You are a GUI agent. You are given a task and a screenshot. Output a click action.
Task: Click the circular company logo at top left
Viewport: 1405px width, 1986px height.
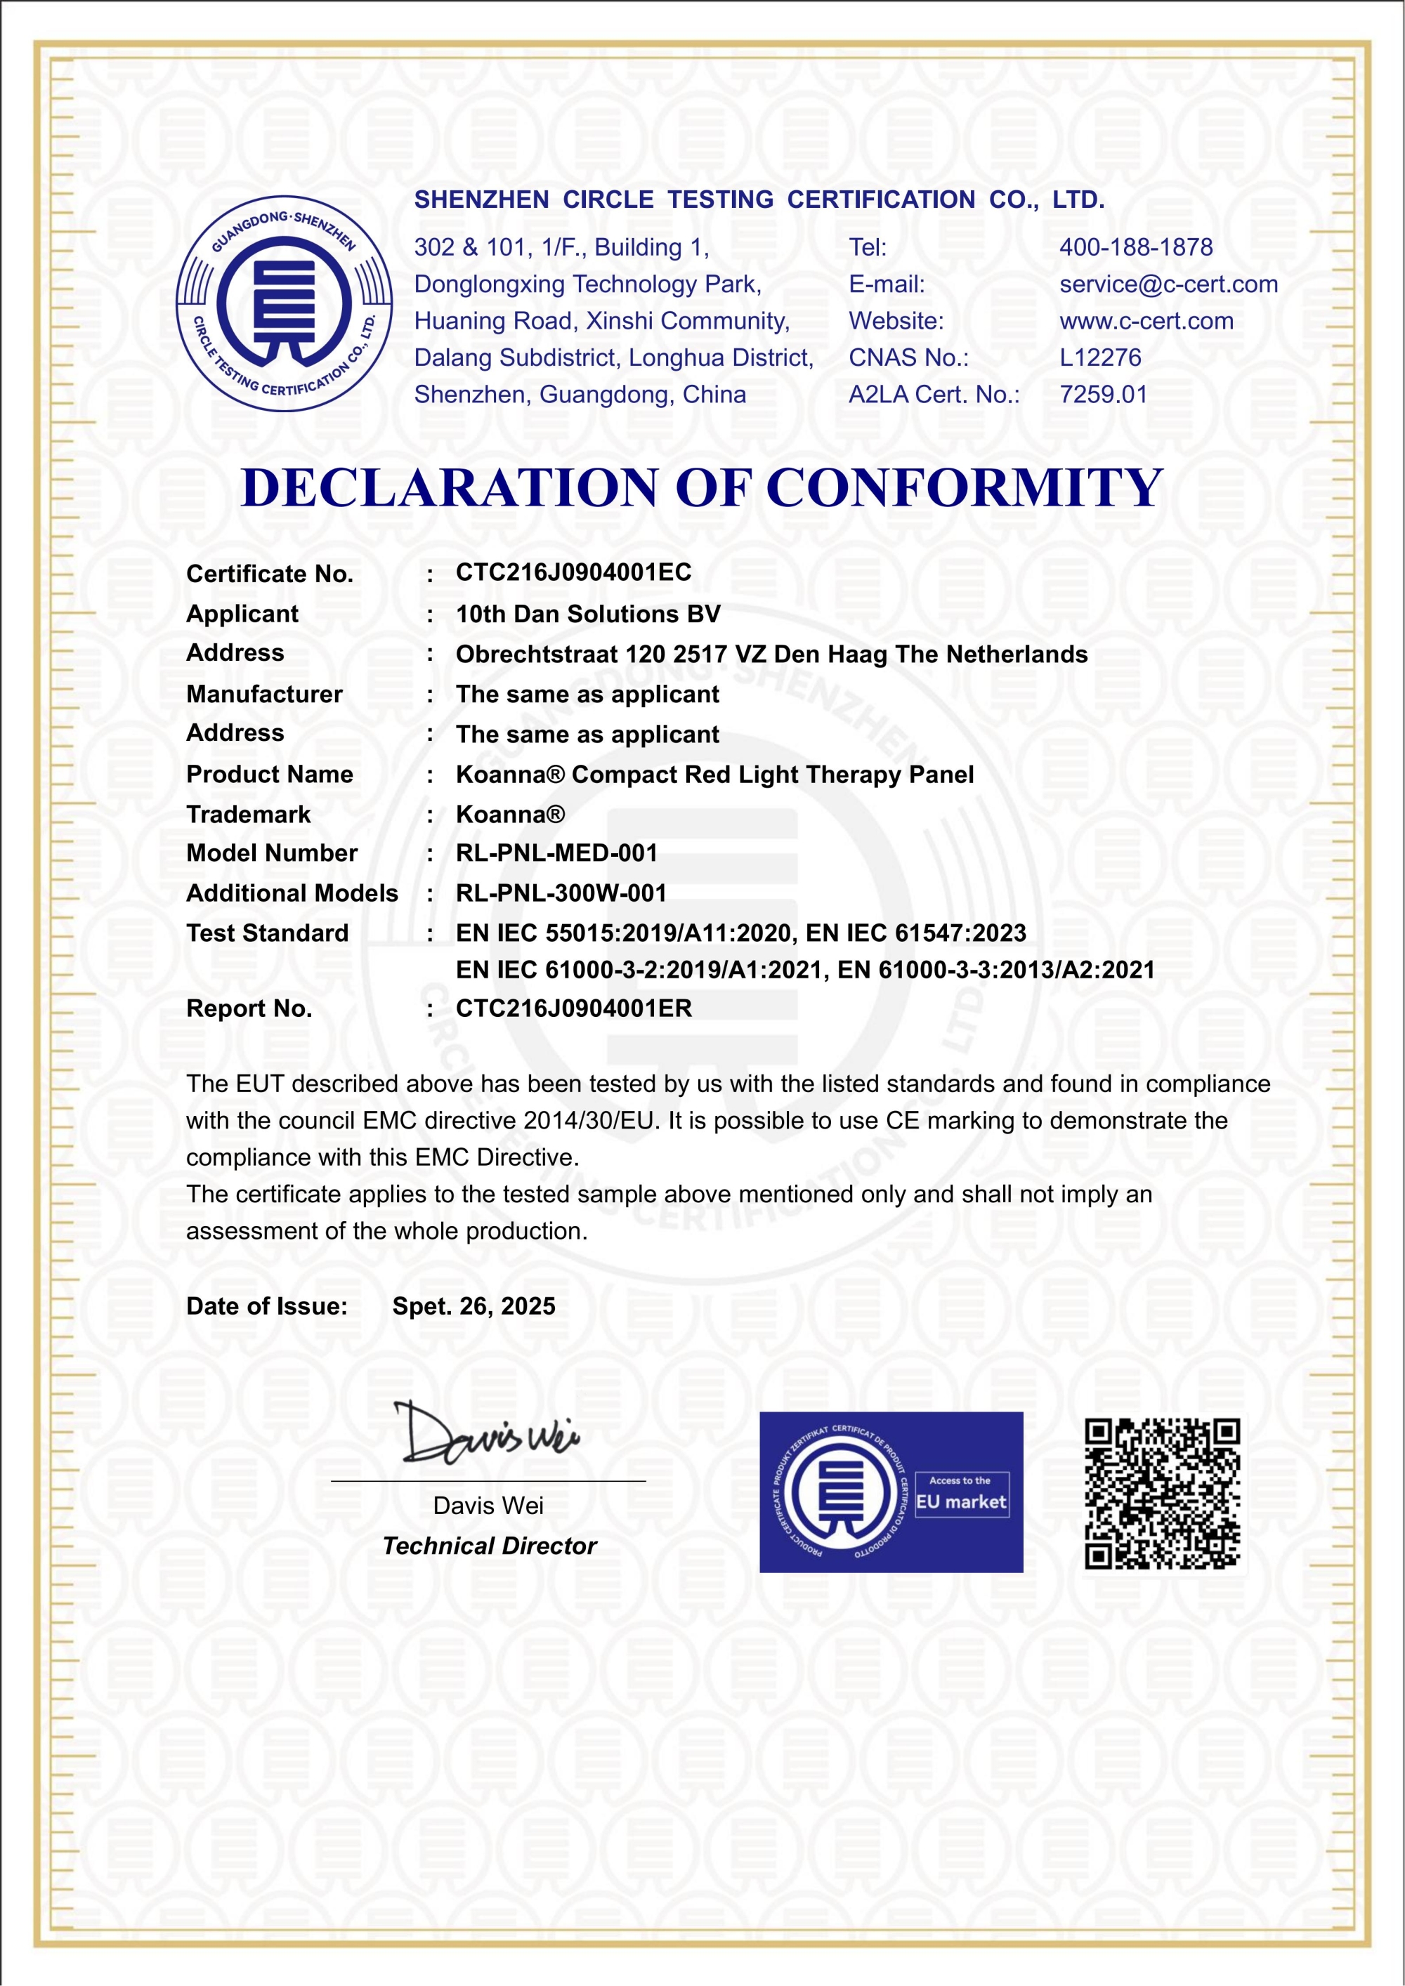click(285, 303)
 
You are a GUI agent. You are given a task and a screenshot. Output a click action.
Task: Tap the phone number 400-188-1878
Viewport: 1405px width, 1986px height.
click(1135, 247)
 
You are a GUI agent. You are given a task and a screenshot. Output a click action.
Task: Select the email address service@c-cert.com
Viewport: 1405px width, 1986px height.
click(1168, 284)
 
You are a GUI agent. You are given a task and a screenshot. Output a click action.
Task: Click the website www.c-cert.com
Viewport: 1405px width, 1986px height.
click(1146, 321)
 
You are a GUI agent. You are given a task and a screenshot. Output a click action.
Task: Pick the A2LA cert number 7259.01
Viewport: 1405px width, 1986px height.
click(1103, 395)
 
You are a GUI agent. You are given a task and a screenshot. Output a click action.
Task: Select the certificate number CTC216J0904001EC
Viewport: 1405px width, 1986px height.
click(574, 572)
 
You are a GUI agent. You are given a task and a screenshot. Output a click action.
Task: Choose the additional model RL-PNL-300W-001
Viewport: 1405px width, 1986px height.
click(561, 893)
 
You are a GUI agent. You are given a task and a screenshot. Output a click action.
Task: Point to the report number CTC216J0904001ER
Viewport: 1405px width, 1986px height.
click(574, 1008)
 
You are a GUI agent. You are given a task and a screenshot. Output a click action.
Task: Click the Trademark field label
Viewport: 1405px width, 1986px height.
click(248, 814)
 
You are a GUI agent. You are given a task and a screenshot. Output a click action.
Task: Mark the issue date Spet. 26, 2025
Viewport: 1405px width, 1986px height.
click(473, 1306)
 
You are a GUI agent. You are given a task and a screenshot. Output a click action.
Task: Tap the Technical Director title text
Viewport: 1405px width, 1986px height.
click(489, 1546)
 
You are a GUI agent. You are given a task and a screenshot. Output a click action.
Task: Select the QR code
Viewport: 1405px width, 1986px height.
click(1162, 1494)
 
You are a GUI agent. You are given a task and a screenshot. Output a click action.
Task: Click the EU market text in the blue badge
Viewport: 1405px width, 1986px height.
click(960, 1501)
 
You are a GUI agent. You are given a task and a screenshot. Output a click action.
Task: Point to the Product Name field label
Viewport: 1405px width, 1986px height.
click(269, 774)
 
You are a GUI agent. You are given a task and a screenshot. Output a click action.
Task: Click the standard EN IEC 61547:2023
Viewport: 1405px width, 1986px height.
click(915, 933)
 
